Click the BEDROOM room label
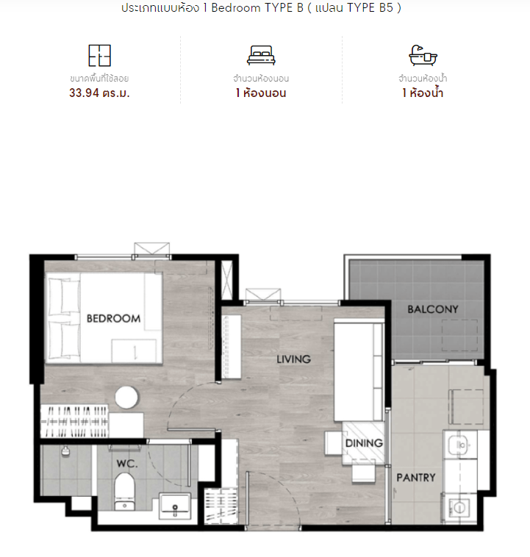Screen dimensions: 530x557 (x=113, y=318)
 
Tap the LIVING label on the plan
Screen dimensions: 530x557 (x=293, y=359)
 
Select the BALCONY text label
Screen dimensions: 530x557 (x=433, y=309)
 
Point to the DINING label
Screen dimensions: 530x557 (x=364, y=443)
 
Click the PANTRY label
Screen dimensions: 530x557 (x=416, y=478)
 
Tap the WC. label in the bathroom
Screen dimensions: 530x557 (x=127, y=464)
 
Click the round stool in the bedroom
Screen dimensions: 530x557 (x=126, y=398)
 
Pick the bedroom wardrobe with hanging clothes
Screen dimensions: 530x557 (x=74, y=421)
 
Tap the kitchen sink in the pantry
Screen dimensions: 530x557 (x=460, y=444)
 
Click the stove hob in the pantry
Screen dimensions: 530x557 (x=459, y=508)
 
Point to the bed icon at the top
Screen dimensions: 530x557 (x=261, y=55)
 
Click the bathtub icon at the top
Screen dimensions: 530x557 (x=423, y=55)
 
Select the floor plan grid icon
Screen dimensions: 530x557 (x=99, y=55)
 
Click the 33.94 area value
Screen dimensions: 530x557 (x=84, y=93)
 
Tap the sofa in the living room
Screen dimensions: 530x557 (x=359, y=370)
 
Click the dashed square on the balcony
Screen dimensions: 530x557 (x=459, y=335)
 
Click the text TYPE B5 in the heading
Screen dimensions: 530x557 (x=370, y=8)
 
